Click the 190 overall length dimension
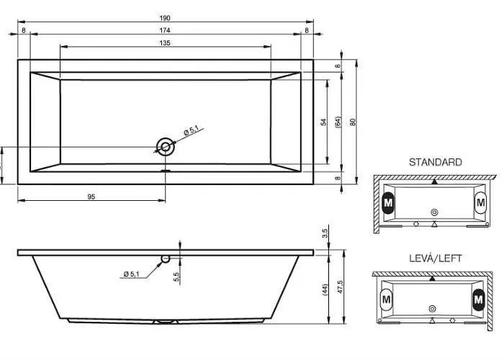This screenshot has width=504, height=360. pyautogui.click(x=165, y=18)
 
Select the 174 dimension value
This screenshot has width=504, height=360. pyautogui.click(x=165, y=30)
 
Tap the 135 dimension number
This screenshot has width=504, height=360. pyautogui.click(x=165, y=42)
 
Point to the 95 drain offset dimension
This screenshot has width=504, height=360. pyautogui.click(x=91, y=197)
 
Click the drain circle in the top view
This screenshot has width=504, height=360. pyautogui.click(x=166, y=147)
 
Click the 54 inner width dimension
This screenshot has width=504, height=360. pyautogui.click(x=324, y=122)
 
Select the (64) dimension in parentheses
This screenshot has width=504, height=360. pyautogui.click(x=338, y=122)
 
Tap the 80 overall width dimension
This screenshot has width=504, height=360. pyautogui.click(x=353, y=122)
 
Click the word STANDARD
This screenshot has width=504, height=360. pyautogui.click(x=435, y=162)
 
